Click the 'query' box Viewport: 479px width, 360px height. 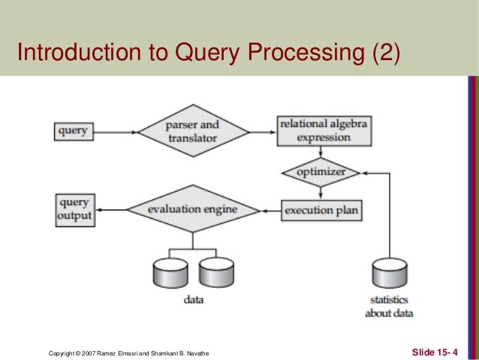pyautogui.click(x=73, y=131)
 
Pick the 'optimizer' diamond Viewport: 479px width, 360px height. pyautogui.click(x=320, y=172)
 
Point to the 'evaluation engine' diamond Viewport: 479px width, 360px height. pyautogui.click(x=192, y=210)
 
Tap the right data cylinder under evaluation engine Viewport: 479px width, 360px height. pyautogui.click(x=217, y=273)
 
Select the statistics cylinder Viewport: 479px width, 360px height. pyautogui.click(x=389, y=273)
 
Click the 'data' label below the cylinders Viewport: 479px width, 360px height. pyautogui.click(x=194, y=300)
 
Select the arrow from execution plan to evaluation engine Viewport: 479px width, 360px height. pyautogui.click(x=270, y=210)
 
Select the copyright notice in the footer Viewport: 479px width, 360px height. pyautogui.click(x=128, y=352)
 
